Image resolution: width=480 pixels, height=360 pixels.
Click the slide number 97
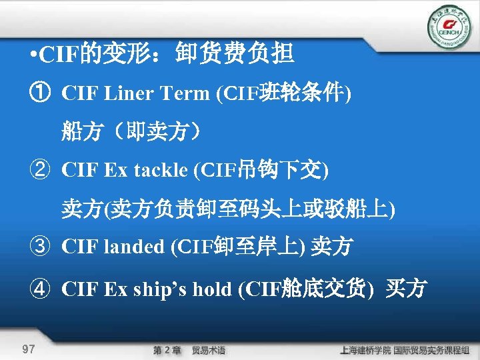click(x=29, y=349)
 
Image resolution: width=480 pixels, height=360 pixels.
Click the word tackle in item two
click(x=161, y=170)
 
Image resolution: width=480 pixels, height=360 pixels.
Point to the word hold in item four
click(x=209, y=289)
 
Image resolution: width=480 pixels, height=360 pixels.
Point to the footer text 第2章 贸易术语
click(x=189, y=349)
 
